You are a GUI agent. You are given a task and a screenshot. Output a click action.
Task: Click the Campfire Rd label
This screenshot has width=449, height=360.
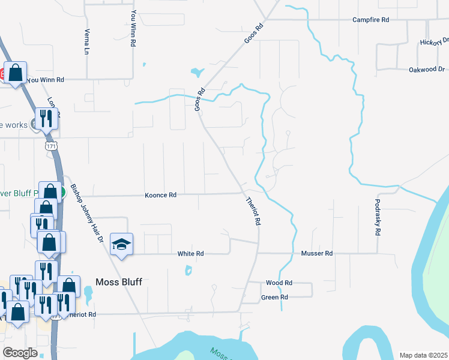pyautogui.click(x=371, y=20)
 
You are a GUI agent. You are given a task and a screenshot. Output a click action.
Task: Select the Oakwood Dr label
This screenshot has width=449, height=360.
pyautogui.click(x=426, y=70)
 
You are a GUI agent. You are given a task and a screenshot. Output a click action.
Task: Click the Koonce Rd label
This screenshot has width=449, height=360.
pyautogui.click(x=160, y=195)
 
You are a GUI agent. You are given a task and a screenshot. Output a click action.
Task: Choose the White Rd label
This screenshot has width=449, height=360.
pyautogui.click(x=191, y=254)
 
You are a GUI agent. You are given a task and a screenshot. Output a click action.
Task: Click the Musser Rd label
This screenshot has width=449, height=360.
pyautogui.click(x=317, y=254)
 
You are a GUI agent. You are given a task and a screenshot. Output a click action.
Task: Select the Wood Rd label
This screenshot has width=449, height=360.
pyautogui.click(x=279, y=283)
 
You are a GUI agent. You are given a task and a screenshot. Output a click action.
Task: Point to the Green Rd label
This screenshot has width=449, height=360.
pyautogui.click(x=274, y=297)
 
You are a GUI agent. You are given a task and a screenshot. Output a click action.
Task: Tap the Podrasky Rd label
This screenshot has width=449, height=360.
pyautogui.click(x=378, y=217)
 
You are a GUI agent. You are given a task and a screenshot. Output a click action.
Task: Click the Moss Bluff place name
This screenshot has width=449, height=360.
pyautogui.click(x=119, y=281)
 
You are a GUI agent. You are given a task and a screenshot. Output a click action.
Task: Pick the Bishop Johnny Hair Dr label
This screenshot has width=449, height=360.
pyautogui.click(x=88, y=212)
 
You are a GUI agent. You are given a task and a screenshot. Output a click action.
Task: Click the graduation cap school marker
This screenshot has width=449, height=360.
pyautogui.click(x=122, y=244)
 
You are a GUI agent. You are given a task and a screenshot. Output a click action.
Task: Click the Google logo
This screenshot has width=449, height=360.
pyautogui.click(x=20, y=353)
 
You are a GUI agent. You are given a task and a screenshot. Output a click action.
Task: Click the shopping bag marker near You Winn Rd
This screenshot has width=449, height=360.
pyautogui.click(x=16, y=73)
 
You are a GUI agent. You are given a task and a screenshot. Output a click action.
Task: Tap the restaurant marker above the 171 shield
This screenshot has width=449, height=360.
pyautogui.click(x=46, y=118)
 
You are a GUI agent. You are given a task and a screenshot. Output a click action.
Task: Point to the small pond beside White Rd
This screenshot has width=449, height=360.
pyautogui.click(x=188, y=271)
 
